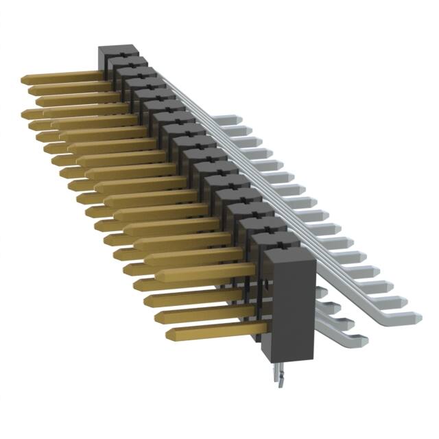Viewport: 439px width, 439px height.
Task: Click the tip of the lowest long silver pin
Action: pos(416,316)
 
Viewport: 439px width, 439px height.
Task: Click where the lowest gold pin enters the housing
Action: pos(263,329)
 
